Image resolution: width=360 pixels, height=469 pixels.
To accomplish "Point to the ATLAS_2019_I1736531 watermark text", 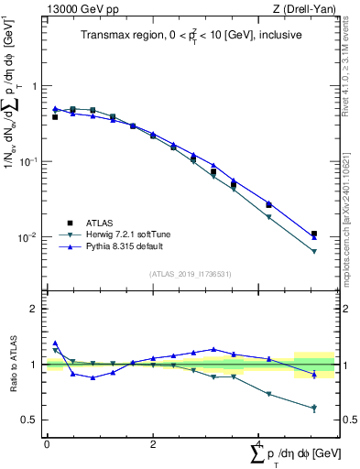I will pyautogui.click(x=191, y=274).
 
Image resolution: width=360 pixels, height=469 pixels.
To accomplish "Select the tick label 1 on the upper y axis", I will pyautogui.click(x=35, y=85).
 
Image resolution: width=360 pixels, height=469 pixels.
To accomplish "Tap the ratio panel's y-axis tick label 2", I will pyautogui.click(x=35, y=309).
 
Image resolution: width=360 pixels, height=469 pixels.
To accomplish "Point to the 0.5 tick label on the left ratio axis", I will pyautogui.click(x=30, y=420).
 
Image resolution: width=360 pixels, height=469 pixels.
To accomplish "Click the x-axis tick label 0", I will pyautogui.click(x=47, y=443).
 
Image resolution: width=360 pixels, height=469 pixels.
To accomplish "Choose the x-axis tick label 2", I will pyautogui.click(x=153, y=443).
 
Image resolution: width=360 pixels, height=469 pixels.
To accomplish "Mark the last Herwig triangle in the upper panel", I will pyautogui.click(x=314, y=252).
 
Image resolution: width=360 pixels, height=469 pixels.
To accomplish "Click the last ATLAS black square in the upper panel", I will pyautogui.click(x=314, y=234).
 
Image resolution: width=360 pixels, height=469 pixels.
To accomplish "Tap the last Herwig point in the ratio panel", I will pyautogui.click(x=314, y=408).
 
